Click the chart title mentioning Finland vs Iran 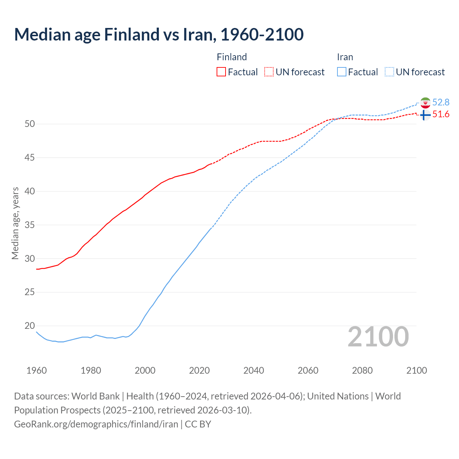(x=159, y=34)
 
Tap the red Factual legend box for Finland (x=221, y=72)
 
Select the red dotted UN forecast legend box (x=269, y=72)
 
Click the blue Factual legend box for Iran (x=342, y=72)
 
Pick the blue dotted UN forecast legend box (x=389, y=72)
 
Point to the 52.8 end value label (x=441, y=103)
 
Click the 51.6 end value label (x=441, y=114)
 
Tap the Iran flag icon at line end (x=425, y=103)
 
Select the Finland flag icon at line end (x=425, y=115)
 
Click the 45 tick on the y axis (x=30, y=158)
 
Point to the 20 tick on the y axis (x=30, y=326)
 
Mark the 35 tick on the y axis (x=30, y=225)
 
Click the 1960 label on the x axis (x=37, y=370)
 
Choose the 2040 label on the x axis (x=254, y=370)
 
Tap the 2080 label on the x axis (x=362, y=370)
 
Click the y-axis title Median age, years (x=15, y=223)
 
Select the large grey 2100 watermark (x=378, y=336)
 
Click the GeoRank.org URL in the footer (x=96, y=424)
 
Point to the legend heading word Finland (x=232, y=57)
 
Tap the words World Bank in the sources (x=95, y=396)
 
